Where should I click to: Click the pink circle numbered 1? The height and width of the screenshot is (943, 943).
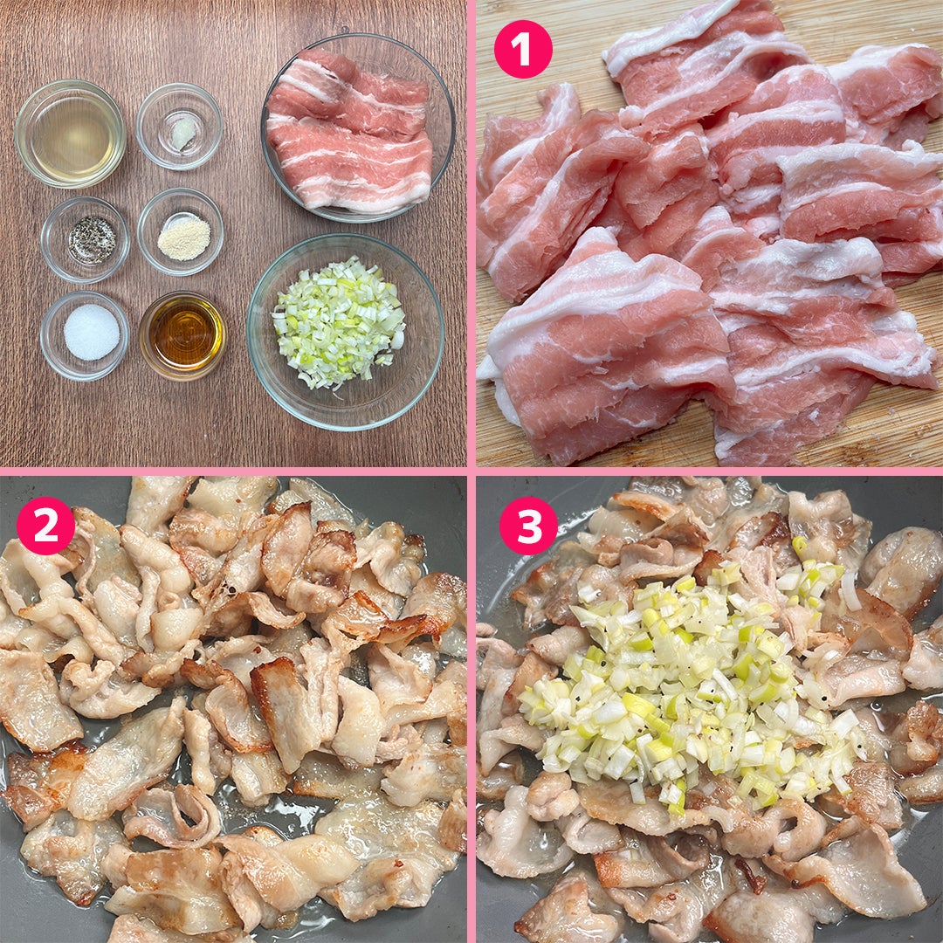[523, 49]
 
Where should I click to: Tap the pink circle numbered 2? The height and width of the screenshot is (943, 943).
[45, 525]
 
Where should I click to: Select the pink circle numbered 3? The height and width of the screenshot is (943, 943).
[528, 525]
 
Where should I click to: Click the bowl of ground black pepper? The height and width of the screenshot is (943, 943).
[86, 238]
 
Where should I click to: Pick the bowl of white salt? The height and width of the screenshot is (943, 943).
[85, 335]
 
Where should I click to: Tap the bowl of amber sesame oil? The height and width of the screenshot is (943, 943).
[182, 335]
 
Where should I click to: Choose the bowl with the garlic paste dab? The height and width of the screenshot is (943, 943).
[179, 127]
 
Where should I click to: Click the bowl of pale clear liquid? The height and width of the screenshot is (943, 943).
[70, 134]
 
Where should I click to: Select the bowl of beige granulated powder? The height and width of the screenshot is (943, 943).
[181, 231]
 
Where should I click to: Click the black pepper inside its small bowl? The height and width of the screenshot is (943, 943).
[92, 240]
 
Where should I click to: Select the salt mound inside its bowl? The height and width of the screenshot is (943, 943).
[92, 332]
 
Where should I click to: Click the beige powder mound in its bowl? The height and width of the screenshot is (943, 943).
[184, 238]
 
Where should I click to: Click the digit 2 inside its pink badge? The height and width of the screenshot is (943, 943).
[45, 525]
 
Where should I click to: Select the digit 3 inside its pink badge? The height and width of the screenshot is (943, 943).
[528, 525]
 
